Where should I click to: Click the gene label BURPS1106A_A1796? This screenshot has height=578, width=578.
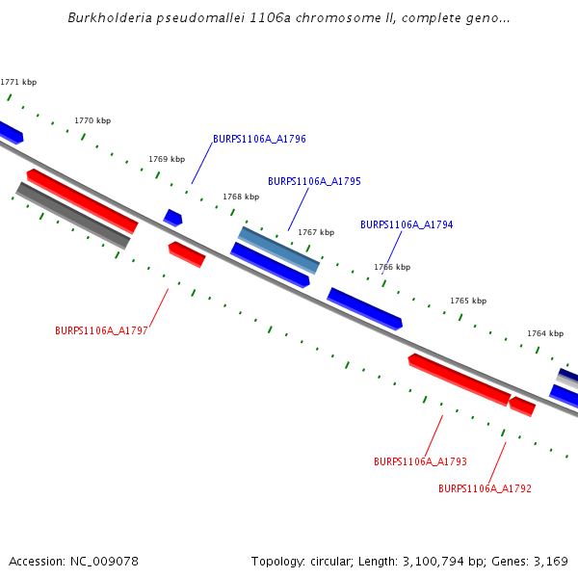(x=259, y=139)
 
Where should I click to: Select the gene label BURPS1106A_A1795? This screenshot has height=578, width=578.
(x=314, y=181)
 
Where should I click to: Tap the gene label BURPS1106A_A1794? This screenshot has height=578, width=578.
(x=407, y=224)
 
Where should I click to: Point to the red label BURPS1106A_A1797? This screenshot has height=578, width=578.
(x=101, y=330)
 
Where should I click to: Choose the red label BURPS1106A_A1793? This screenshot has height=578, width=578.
(x=420, y=461)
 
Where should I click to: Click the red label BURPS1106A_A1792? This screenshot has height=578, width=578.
(x=485, y=488)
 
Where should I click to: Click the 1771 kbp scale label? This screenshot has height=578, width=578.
(x=18, y=83)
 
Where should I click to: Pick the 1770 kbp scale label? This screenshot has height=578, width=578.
(x=92, y=120)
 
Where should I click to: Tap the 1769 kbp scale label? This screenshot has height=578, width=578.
(x=167, y=159)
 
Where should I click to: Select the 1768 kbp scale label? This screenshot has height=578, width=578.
(x=241, y=197)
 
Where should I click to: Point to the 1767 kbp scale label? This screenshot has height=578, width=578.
(x=316, y=232)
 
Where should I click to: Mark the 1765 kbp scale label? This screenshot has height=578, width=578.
(x=468, y=301)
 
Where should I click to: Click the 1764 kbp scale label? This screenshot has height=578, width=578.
(x=544, y=333)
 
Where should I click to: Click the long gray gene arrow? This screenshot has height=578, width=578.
(x=73, y=215)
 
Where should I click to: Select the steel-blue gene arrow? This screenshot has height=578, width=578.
(x=278, y=250)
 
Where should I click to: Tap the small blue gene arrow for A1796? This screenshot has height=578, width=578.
(x=172, y=218)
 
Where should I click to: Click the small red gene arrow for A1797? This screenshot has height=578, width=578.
(x=187, y=254)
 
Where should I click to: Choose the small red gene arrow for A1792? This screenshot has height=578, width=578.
(x=522, y=406)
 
